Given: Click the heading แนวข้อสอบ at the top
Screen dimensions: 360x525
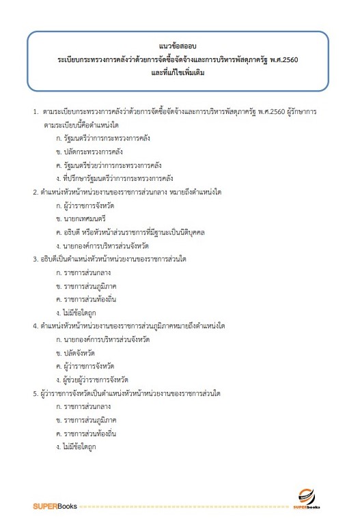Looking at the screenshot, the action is point(180,45).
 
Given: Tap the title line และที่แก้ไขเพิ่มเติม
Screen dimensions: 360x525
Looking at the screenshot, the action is point(180,72).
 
